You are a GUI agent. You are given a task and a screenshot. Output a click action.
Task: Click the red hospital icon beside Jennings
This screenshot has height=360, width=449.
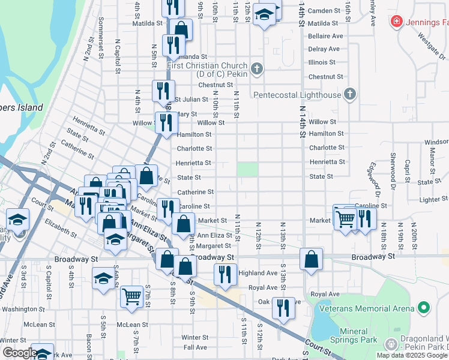coord(396,22)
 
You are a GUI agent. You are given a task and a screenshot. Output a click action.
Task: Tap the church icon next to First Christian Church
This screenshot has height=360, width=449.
coord(256,69)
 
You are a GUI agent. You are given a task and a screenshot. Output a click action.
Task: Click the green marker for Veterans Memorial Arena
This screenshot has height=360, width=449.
coord(423,308)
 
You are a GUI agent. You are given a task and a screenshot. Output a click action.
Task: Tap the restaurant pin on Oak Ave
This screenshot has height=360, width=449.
coord(283,307)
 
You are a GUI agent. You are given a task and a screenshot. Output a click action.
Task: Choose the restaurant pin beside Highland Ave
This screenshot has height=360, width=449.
coord(225,274)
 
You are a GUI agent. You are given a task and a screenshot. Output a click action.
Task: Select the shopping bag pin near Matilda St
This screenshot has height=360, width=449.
coord(181,28)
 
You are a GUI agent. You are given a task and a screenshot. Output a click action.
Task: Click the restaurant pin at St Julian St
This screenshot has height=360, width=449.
coord(163,90)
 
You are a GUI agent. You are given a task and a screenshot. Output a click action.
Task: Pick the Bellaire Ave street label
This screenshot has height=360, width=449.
coord(325,36)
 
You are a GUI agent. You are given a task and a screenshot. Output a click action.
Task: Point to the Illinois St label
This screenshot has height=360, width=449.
coord(322,62)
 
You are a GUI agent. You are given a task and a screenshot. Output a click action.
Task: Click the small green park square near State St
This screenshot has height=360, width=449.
coord(246,169)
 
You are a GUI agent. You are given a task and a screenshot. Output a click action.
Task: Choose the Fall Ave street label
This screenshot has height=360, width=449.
coord(195,347)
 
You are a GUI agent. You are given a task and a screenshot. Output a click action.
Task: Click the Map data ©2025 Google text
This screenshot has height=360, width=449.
coord(411,355)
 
